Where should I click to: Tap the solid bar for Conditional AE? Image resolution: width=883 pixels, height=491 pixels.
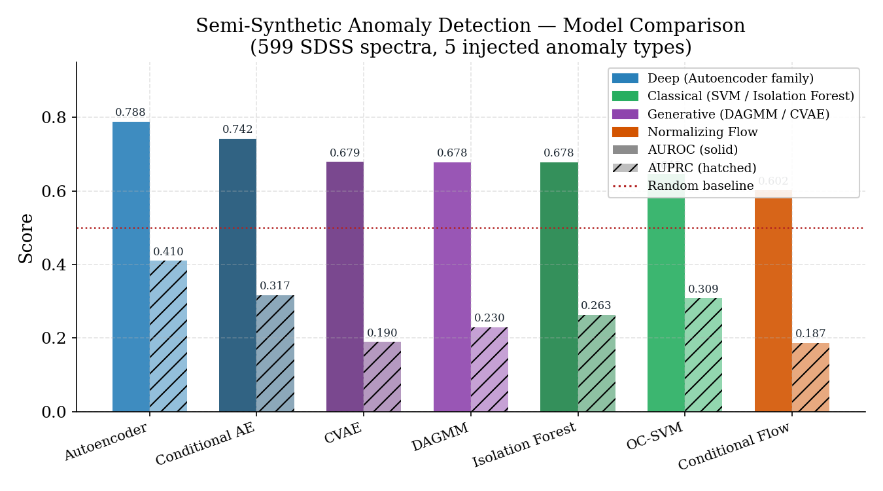click(x=237, y=275)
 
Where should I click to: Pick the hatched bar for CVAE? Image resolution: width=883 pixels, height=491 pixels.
click(x=382, y=376)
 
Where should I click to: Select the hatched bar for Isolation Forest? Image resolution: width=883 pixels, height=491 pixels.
click(x=597, y=363)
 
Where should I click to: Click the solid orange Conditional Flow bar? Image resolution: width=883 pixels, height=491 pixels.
click(x=773, y=301)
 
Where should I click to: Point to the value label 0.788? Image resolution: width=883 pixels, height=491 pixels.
click(x=130, y=113)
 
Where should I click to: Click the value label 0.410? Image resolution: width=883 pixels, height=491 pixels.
click(x=168, y=252)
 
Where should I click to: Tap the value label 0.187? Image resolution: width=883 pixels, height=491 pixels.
click(x=810, y=334)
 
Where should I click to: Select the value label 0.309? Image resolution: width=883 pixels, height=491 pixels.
click(x=703, y=289)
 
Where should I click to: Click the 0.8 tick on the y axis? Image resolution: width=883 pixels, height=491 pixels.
click(x=56, y=118)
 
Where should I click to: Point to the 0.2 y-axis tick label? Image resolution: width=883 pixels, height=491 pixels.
click(x=56, y=338)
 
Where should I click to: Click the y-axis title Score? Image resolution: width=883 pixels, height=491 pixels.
click(x=26, y=238)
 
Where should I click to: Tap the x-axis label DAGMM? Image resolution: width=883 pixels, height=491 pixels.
click(x=441, y=437)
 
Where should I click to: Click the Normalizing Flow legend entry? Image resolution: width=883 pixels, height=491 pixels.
click(x=702, y=132)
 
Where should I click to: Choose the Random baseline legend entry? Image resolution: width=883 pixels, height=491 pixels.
click(x=701, y=186)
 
